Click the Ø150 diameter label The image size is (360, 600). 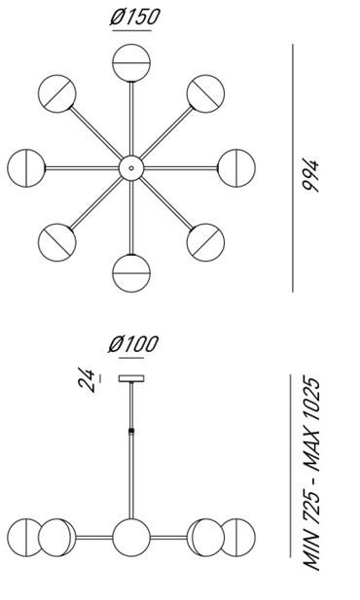pyautogui.click(x=134, y=18)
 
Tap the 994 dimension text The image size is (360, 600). pyautogui.click(x=310, y=175)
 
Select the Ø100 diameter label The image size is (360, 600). pyautogui.click(x=133, y=344)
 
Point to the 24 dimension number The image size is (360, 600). pyautogui.click(x=87, y=379)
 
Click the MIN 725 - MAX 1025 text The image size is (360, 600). pyautogui.click(x=311, y=475)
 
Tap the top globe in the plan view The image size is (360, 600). pyautogui.click(x=131, y=63)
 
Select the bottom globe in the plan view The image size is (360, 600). pyautogui.click(x=131, y=273)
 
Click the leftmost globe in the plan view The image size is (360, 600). pyautogui.click(x=26, y=168)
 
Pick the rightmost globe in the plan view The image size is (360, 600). pyautogui.click(x=236, y=168)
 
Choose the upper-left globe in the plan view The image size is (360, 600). pyautogui.click(x=57, y=93)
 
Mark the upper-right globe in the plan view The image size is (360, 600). pyautogui.click(x=205, y=93)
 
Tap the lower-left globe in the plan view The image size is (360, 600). pyautogui.click(x=57, y=242)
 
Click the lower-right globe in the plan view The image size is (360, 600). pyautogui.click(x=205, y=242)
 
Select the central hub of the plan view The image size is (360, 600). pyautogui.click(x=131, y=168)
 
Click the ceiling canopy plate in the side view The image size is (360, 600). pyautogui.click(x=131, y=379)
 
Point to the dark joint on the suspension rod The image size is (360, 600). pyautogui.click(x=131, y=431)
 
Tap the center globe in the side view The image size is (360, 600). pyautogui.click(x=131, y=538)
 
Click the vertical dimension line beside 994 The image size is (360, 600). pyautogui.click(x=293, y=168)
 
